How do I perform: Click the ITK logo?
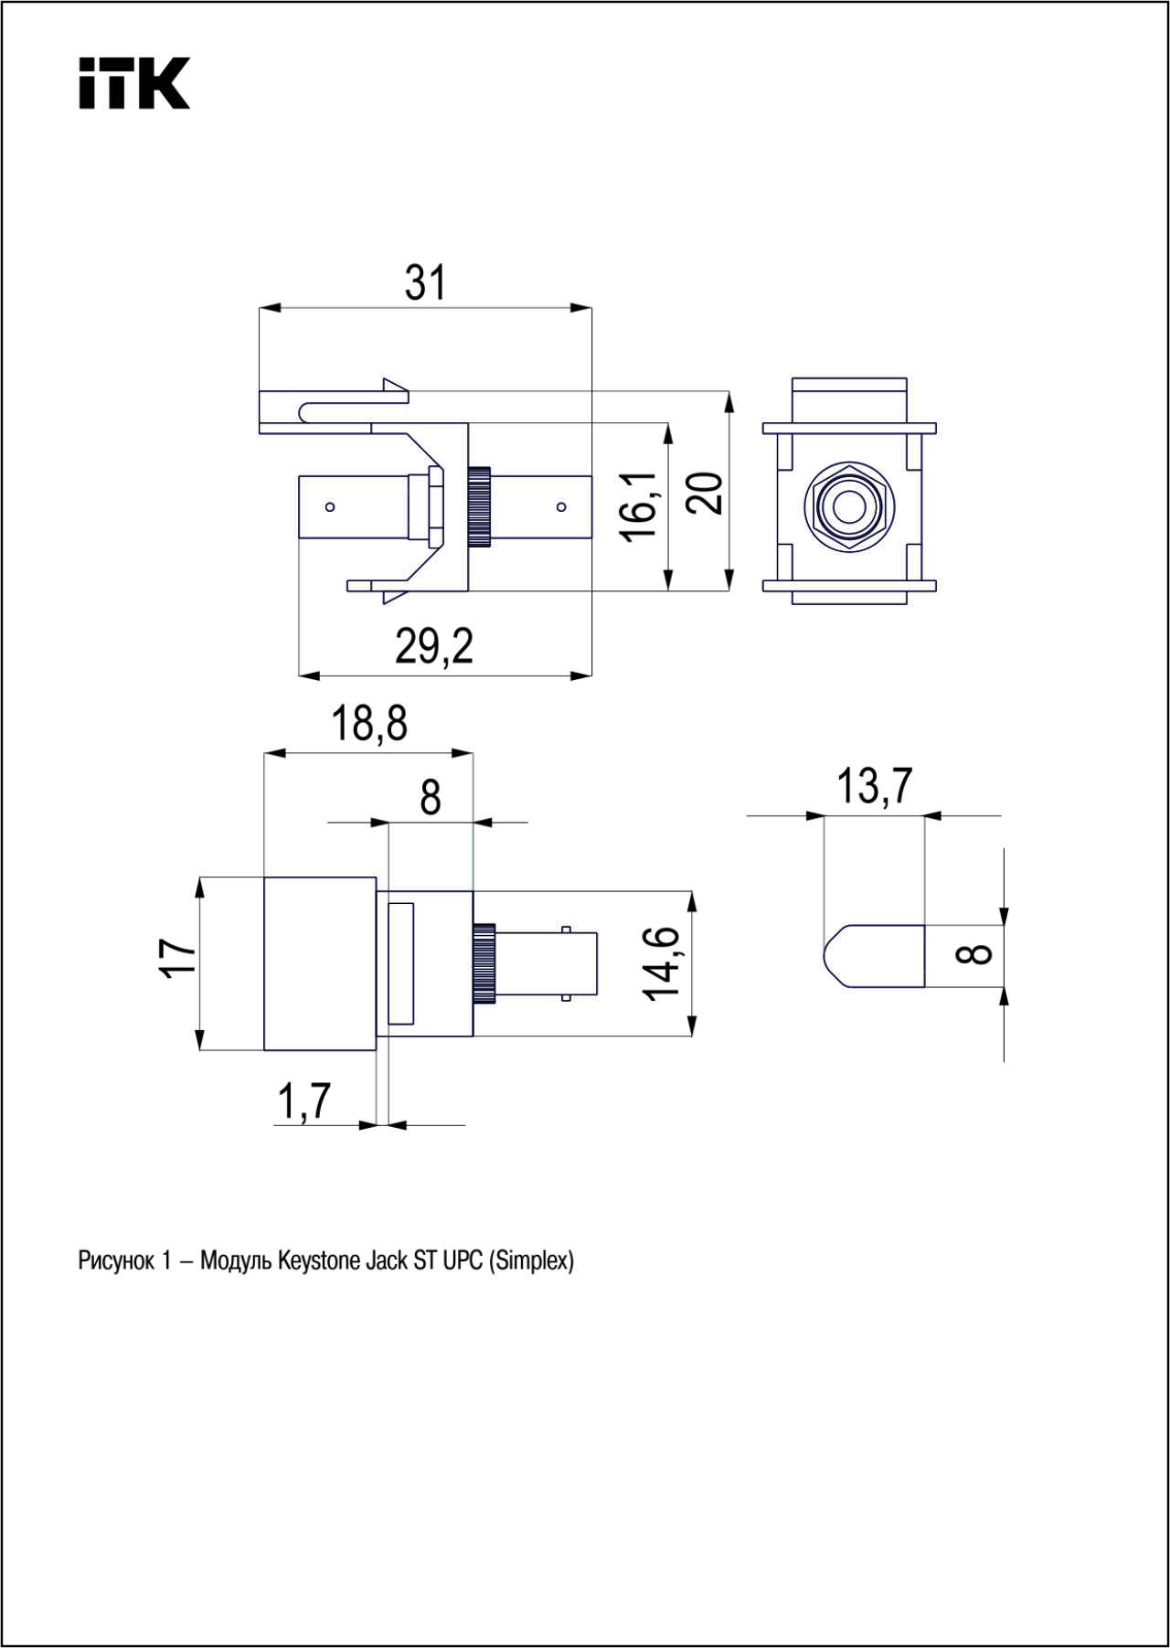click(x=133, y=83)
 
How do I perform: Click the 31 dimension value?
click(x=426, y=282)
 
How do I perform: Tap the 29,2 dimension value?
click(x=434, y=647)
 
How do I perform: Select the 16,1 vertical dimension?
click(x=640, y=507)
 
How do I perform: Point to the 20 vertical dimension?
click(x=706, y=494)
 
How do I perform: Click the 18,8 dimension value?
click(x=369, y=724)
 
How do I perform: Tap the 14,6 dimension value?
click(x=663, y=963)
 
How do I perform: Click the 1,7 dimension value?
click(x=303, y=1101)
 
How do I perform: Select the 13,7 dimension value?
click(x=875, y=786)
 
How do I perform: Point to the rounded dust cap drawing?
click(x=875, y=956)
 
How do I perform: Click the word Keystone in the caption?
click(x=319, y=1261)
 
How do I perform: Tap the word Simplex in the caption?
click(x=531, y=1261)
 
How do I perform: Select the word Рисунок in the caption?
click(x=116, y=1261)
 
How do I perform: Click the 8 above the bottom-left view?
click(x=431, y=798)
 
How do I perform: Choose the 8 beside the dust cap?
click(x=976, y=953)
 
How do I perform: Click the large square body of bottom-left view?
click(x=320, y=963)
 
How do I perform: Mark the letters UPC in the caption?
click(x=463, y=1261)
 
